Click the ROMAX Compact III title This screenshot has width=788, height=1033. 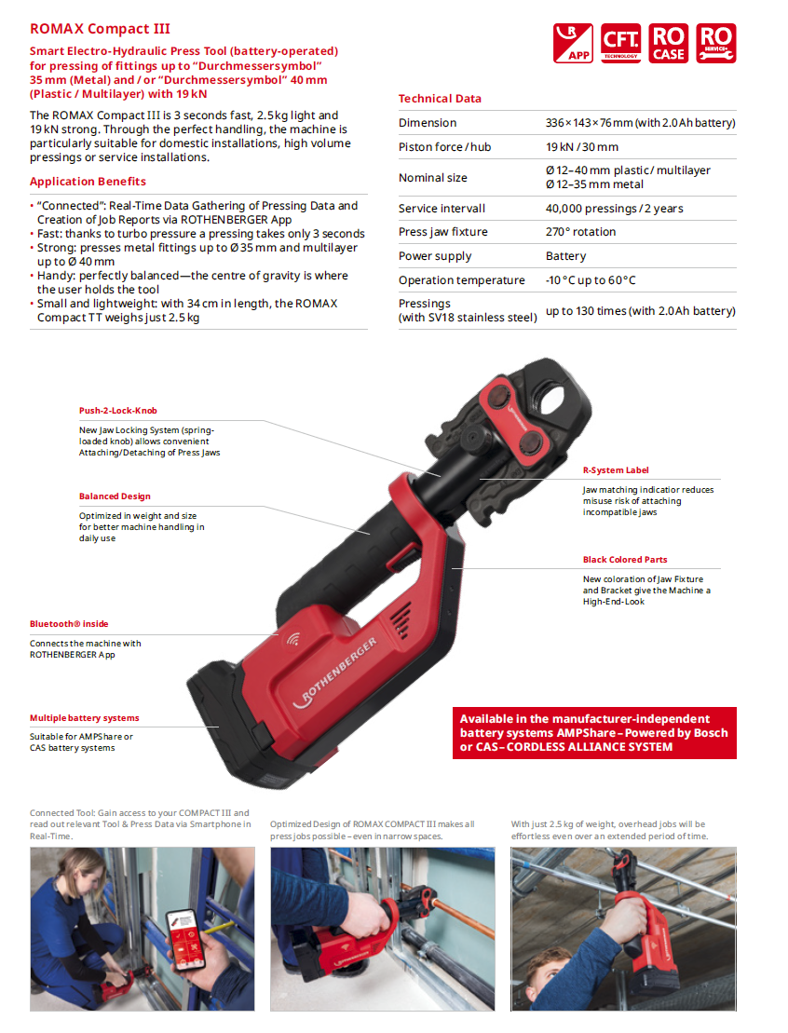100,29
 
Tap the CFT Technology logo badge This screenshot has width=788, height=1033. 620,44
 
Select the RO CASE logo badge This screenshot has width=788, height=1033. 668,44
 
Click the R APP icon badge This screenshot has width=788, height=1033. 573,44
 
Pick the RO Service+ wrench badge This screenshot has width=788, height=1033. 715,44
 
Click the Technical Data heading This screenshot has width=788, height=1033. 440,99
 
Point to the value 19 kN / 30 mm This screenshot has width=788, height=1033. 582,147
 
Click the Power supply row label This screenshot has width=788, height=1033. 435,256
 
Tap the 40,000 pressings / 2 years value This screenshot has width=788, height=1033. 614,209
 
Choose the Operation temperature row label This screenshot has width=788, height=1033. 461,280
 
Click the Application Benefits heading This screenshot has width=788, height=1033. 88,182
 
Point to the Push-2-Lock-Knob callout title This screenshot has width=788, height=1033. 118,411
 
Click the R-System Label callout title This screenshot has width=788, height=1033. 616,470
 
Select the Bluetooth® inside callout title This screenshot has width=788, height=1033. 69,624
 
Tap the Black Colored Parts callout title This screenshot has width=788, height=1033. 625,560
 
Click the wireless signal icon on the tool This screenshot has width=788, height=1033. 293,638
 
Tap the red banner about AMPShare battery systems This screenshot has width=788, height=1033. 594,733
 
